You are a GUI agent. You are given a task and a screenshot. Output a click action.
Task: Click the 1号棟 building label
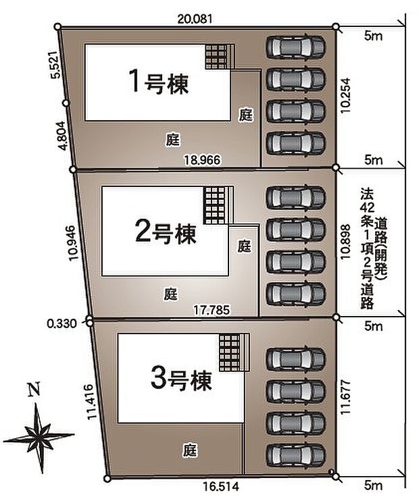(159, 83)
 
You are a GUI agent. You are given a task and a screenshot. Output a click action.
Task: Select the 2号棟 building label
(166, 234)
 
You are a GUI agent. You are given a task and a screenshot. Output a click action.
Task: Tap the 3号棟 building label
(182, 379)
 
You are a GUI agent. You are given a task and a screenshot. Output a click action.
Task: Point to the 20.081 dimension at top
(195, 20)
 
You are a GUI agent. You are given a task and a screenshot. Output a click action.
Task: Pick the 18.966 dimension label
(203, 159)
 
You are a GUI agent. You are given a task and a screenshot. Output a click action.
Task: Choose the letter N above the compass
(33, 390)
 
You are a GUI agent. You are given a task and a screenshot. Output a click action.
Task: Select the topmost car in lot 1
(295, 47)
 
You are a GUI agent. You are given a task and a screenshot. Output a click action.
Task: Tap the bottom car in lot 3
(295, 455)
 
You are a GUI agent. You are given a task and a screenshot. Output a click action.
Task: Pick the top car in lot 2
(295, 197)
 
